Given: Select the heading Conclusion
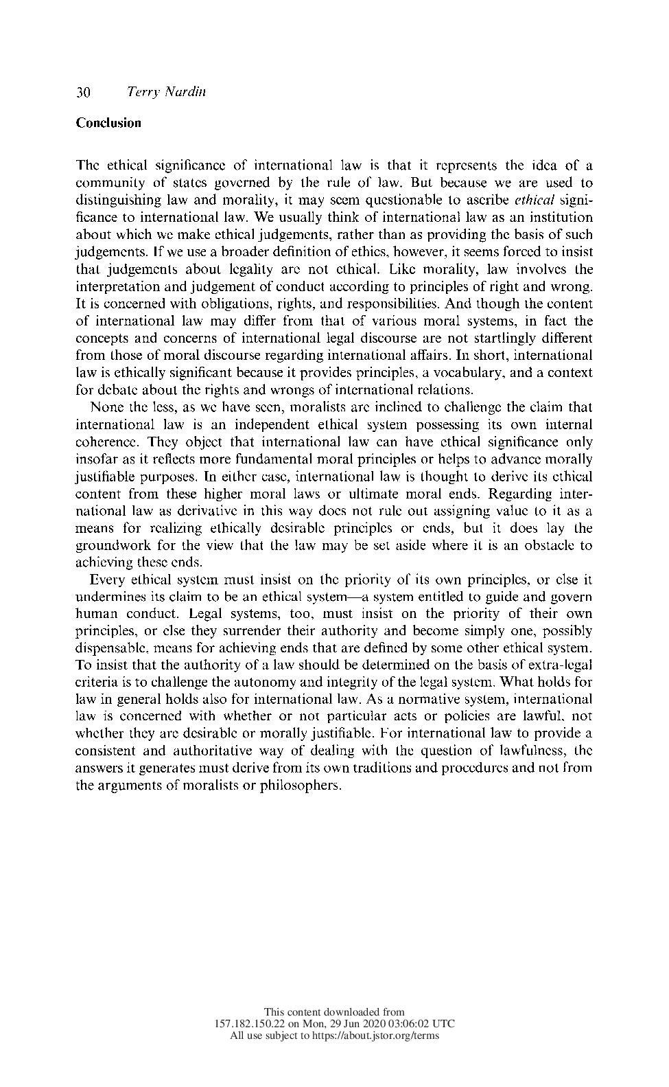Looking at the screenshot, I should tap(108, 123).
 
